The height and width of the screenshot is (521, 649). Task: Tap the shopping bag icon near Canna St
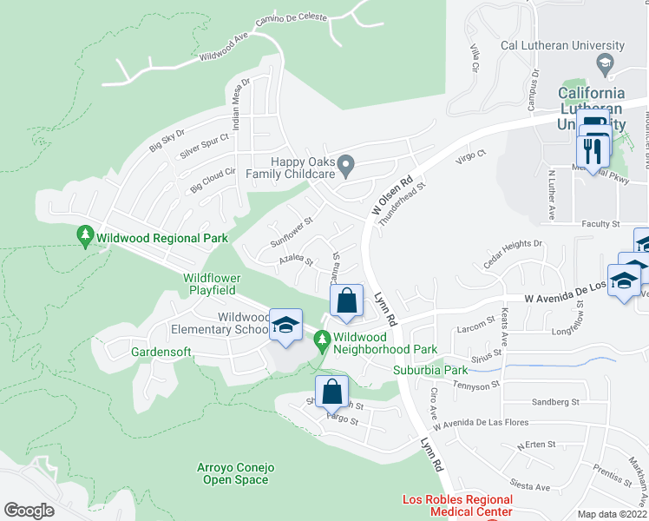click(x=346, y=301)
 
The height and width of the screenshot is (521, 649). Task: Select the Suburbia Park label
click(x=430, y=371)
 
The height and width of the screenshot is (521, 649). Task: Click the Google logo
click(x=29, y=511)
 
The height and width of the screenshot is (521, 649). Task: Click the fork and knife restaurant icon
click(x=593, y=151)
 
